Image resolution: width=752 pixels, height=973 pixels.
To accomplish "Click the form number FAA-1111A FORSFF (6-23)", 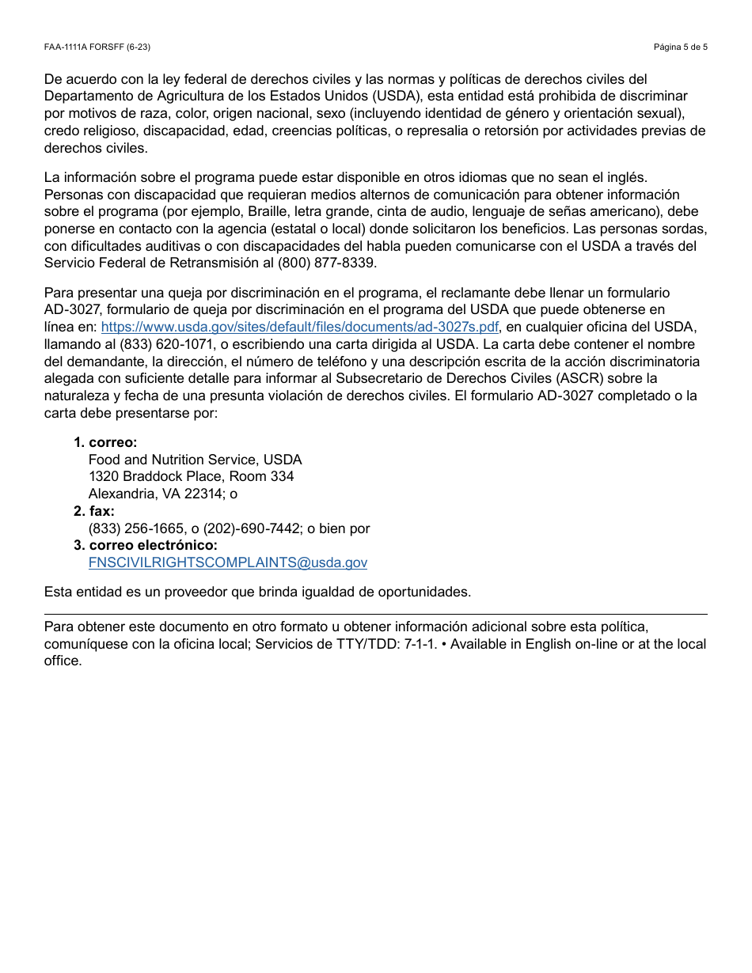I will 97,47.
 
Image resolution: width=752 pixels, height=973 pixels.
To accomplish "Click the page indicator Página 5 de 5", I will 680,47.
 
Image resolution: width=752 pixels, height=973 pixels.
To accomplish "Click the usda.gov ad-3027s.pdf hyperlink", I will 300,327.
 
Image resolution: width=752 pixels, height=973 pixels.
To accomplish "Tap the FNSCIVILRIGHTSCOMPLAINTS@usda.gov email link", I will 228,563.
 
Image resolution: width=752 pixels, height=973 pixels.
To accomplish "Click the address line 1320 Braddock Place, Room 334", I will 191,477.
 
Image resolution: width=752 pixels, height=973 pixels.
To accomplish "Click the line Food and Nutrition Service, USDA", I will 195,460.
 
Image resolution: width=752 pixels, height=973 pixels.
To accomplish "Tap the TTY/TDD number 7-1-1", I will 418,644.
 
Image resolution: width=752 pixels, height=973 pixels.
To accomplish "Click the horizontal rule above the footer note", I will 375,614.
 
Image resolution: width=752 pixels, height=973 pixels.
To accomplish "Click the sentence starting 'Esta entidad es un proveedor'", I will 257,592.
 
